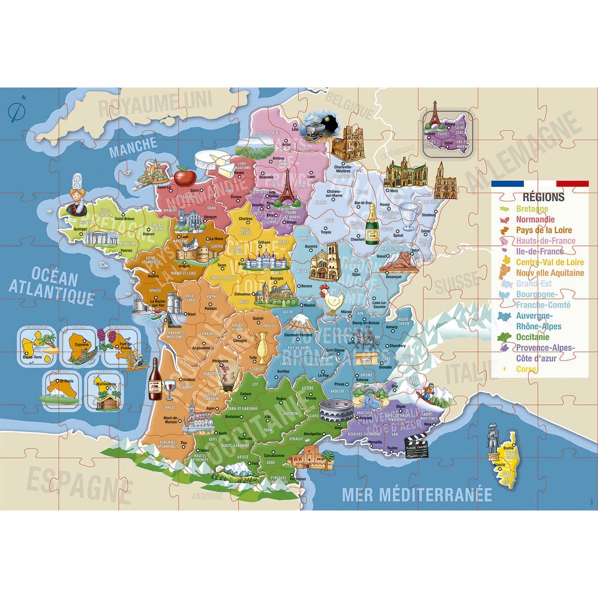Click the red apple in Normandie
[x=183, y=176]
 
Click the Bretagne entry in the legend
[x=532, y=209]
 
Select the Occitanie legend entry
[x=532, y=337]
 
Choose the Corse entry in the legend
[x=526, y=369]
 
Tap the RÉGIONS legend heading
[x=543, y=196]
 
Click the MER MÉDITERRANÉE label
[x=417, y=495]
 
